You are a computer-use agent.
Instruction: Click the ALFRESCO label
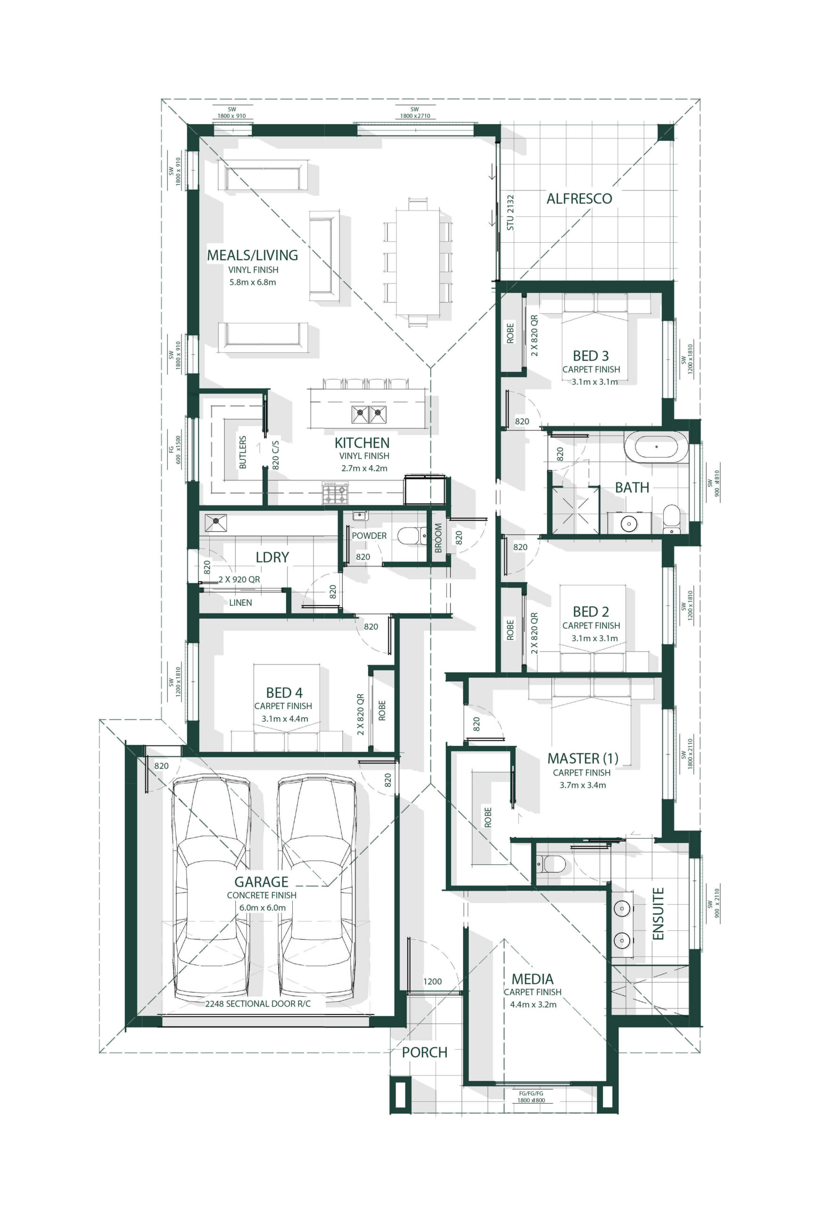pyautogui.click(x=578, y=198)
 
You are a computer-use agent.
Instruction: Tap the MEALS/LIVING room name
pyautogui.click(x=252, y=255)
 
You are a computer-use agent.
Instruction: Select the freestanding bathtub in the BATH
pyautogui.click(x=656, y=446)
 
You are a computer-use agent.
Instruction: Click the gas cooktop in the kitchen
pyautogui.click(x=335, y=492)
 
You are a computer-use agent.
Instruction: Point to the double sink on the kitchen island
pyautogui.click(x=369, y=414)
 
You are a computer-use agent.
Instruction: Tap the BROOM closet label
pyautogui.click(x=438, y=537)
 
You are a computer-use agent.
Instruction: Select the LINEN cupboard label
pyautogui.click(x=240, y=603)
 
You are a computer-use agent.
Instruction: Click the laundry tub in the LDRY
pyautogui.click(x=215, y=523)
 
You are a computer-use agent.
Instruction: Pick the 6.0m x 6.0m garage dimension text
pyautogui.click(x=262, y=907)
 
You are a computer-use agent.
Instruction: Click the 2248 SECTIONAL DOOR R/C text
pyautogui.click(x=257, y=1003)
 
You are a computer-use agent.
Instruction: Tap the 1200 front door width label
pyautogui.click(x=432, y=981)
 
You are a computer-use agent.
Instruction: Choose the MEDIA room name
pyautogui.click(x=532, y=979)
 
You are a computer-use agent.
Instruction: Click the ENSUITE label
pyautogui.click(x=658, y=914)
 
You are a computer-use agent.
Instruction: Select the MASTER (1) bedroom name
pyautogui.click(x=583, y=758)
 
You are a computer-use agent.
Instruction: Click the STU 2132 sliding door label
pyautogui.click(x=510, y=213)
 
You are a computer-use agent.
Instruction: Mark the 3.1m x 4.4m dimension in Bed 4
pyautogui.click(x=285, y=719)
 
